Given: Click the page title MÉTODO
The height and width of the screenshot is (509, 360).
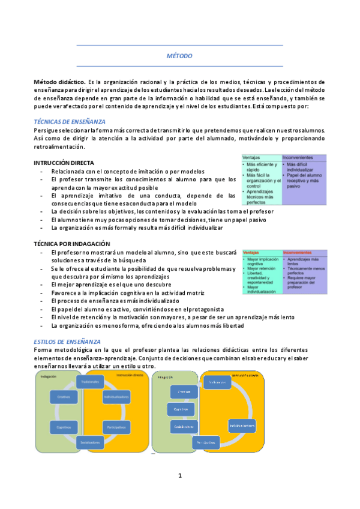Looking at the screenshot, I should pos(180,55).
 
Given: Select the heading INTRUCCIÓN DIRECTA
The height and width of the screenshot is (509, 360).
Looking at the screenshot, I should pos(63,163).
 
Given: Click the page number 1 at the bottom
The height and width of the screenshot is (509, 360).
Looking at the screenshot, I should pos(179,475).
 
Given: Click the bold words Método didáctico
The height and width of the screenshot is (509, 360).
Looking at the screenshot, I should pos(59,81).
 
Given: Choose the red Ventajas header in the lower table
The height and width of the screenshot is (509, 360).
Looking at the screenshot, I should pos(252,253).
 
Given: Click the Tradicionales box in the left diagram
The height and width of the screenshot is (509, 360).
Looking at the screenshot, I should pos(91,382).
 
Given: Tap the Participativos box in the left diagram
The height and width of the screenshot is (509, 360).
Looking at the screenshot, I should pos(116,427).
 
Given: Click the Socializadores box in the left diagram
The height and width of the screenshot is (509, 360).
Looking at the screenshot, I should pos(90,442).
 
